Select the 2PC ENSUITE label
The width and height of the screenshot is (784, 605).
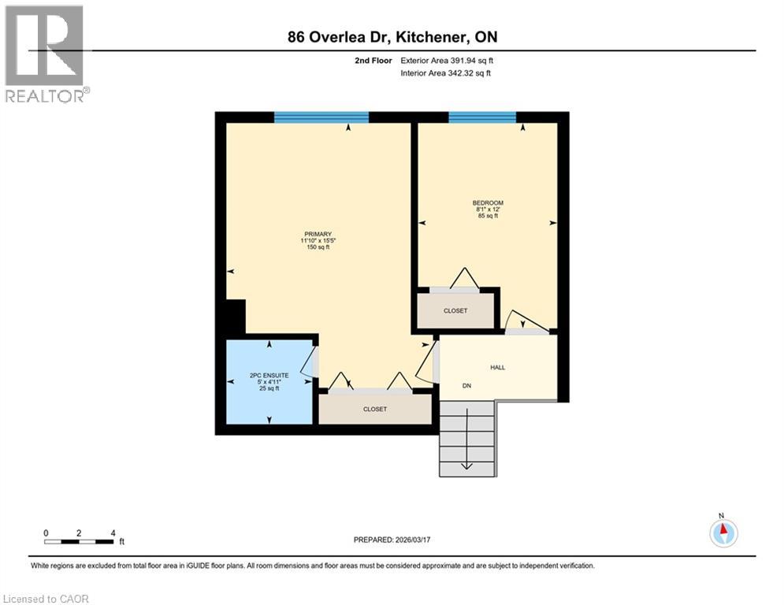269,377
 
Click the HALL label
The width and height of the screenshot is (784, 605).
497,367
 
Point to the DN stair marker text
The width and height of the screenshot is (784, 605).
466,385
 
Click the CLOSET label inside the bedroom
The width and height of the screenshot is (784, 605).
455,310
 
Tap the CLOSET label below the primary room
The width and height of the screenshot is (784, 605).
375,409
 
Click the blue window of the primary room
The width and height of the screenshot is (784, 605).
321,117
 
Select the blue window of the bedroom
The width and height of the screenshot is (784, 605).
482,117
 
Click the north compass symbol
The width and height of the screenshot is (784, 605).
723,533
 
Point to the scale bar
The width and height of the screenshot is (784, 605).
79,541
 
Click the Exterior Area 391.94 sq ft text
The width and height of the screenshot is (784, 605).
447,60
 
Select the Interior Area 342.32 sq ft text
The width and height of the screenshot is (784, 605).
446,73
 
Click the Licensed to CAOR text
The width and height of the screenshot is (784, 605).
46,599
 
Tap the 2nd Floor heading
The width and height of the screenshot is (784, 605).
373,60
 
